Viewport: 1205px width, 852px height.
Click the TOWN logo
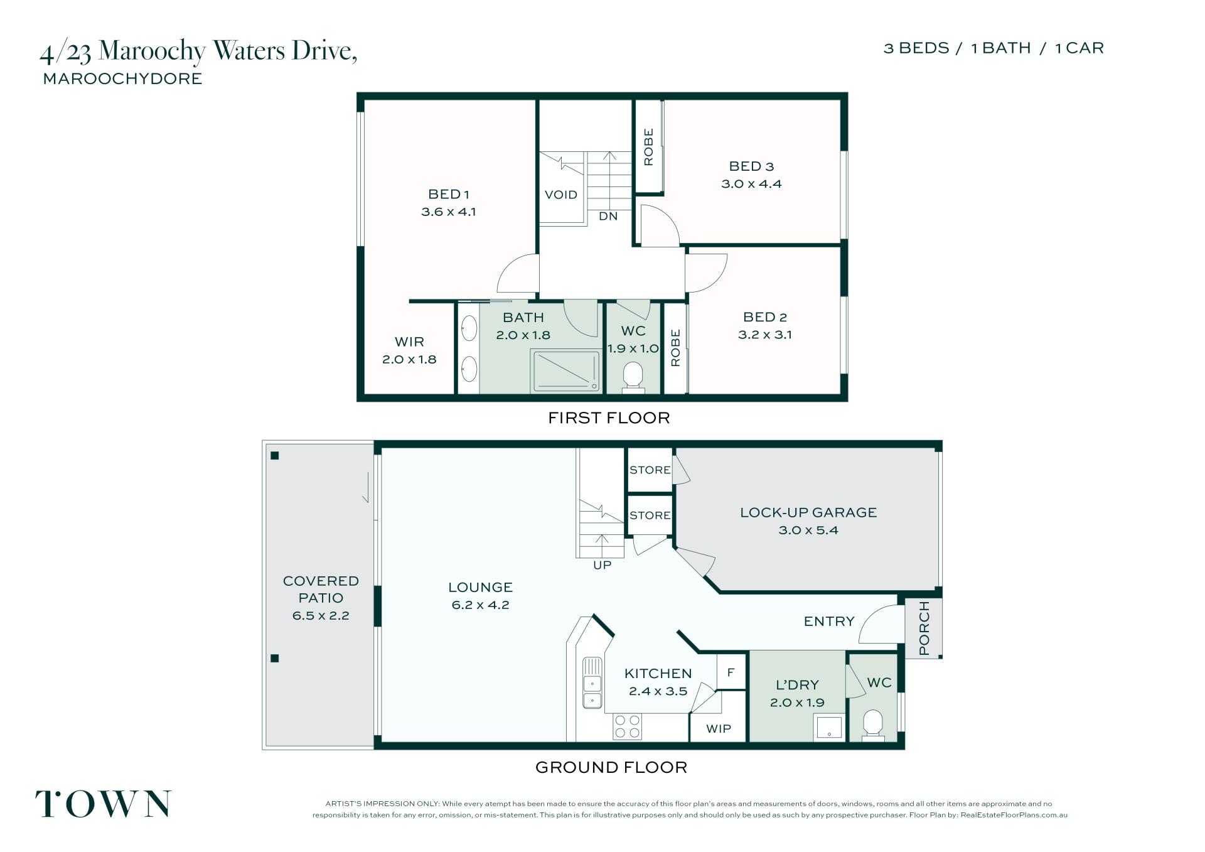point(102,804)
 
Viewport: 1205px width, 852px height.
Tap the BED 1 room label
point(449,194)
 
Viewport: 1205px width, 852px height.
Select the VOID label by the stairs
point(561,195)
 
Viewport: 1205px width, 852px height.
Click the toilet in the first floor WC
point(633,379)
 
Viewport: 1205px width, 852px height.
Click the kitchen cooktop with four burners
point(628,726)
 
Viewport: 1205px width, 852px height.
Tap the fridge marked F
point(731,672)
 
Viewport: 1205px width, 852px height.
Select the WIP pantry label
point(719,728)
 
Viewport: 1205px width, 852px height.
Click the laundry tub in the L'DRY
point(829,727)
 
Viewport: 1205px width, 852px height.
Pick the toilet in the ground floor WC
point(873,725)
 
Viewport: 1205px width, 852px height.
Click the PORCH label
point(924,628)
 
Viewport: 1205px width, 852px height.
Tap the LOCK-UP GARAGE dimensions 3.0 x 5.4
point(808,530)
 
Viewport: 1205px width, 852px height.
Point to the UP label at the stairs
point(602,565)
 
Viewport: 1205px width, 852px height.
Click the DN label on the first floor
point(608,216)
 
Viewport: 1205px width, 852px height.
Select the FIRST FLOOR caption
point(609,418)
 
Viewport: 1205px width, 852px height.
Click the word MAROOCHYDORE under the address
point(122,78)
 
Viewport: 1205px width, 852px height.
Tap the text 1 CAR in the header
point(1079,48)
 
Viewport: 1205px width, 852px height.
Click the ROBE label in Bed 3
point(648,147)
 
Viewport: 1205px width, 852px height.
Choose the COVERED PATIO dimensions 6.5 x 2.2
point(321,615)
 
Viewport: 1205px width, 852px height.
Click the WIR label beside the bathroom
point(409,342)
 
